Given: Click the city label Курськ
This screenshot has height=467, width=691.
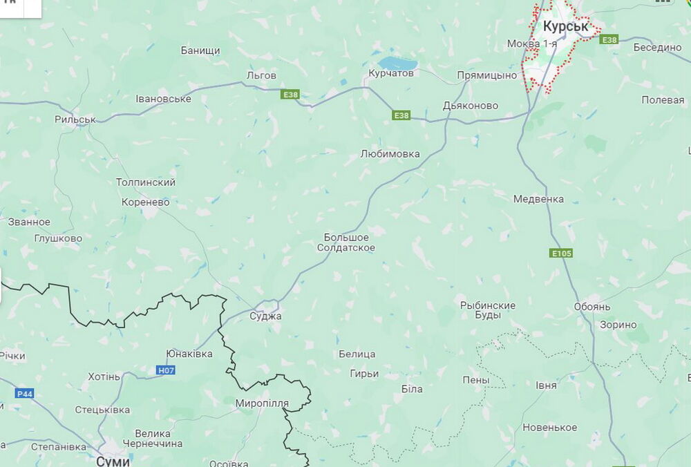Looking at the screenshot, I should tap(565, 26).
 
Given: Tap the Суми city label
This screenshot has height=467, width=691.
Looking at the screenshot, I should tap(113, 460).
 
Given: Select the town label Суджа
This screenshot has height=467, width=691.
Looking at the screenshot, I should tap(265, 316).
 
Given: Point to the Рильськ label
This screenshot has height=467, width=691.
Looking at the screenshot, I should tap(75, 120).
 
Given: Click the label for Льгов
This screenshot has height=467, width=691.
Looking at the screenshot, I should tap(261, 75).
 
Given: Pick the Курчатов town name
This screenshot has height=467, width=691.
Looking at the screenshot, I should tap(391, 73).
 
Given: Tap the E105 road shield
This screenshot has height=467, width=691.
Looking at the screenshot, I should tap(561, 254).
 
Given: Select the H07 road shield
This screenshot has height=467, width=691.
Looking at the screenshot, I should tap(166, 370).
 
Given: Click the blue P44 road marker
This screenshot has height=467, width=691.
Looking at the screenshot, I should tap(23, 393).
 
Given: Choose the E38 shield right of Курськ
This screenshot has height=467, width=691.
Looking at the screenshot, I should tap(609, 41).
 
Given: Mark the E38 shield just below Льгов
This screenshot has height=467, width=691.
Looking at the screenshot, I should tap(290, 95).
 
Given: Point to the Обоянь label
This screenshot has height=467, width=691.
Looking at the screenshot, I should tap(592, 307).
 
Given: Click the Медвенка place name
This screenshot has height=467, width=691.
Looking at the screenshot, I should tap(538, 199).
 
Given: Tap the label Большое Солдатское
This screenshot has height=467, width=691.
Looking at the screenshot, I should tap(350, 242).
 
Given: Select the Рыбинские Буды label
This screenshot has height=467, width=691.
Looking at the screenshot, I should tap(488, 310).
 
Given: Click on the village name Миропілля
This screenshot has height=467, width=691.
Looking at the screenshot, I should tap(262, 403).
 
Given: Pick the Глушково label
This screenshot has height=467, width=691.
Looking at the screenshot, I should tap(58, 238).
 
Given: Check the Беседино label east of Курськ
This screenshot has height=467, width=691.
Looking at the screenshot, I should tap(658, 48).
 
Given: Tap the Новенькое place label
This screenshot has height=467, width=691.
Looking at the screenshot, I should tap(550, 428).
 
